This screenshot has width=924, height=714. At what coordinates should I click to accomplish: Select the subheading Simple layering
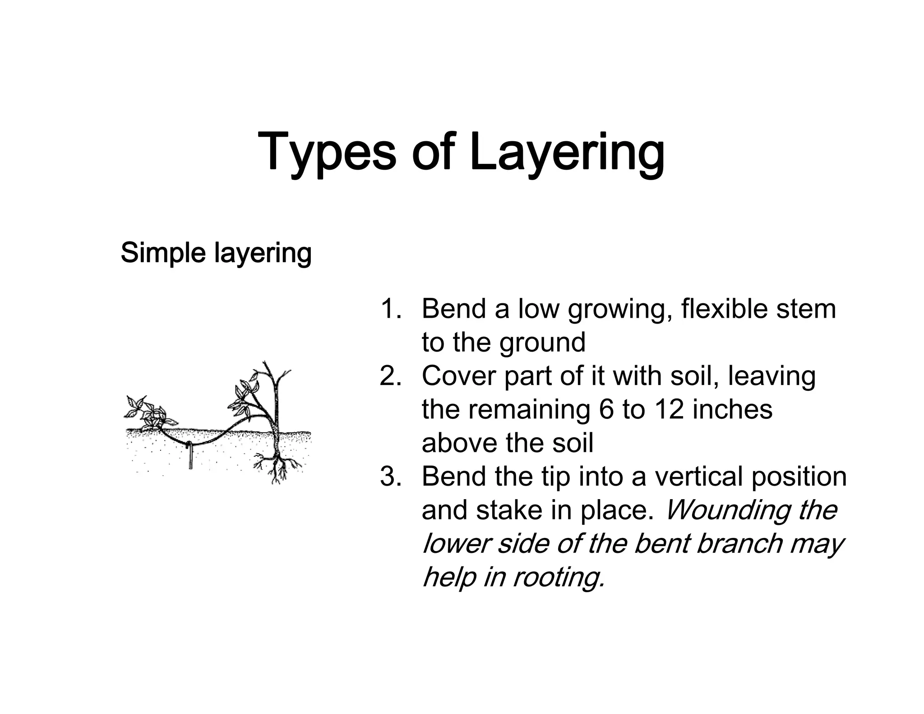coord(216,253)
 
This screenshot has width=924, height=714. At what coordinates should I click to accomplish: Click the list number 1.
coord(391,309)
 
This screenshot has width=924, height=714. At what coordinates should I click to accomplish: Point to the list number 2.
coord(391,376)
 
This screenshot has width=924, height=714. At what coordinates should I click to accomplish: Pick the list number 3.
coord(391,477)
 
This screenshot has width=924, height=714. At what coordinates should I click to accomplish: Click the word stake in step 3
coord(509,510)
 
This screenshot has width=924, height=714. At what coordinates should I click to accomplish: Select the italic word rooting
coord(559,577)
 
